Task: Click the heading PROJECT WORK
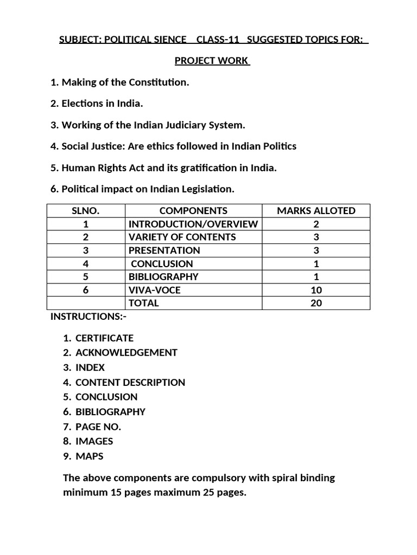(x=212, y=61)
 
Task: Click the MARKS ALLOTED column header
(x=316, y=211)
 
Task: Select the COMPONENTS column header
(x=193, y=211)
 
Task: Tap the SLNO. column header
(x=86, y=211)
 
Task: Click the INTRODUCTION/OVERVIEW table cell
(x=193, y=224)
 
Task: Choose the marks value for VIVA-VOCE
(x=316, y=290)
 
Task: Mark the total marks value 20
(x=316, y=303)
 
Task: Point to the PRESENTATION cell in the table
(x=164, y=250)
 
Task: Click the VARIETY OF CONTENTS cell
(x=182, y=237)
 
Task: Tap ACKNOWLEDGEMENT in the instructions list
(x=126, y=352)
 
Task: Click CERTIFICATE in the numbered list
(x=104, y=338)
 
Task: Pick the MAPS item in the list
(x=89, y=456)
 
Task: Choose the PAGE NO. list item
(x=98, y=427)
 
